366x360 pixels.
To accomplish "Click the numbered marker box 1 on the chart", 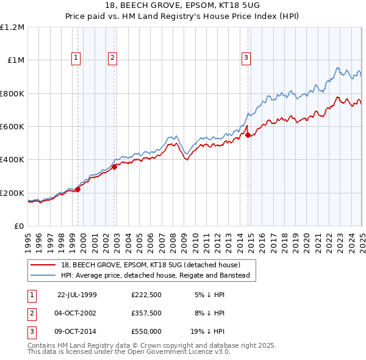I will (76, 58).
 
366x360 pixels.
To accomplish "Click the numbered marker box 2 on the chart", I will (113, 58).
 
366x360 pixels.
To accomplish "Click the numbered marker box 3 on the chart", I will (246, 58).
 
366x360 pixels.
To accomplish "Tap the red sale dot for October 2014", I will (248, 135).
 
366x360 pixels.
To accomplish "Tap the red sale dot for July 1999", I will (78, 189).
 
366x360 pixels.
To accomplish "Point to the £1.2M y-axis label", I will (12, 27).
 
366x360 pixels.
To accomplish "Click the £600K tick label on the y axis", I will (12, 127).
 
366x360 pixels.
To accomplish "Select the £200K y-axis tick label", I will (12, 193).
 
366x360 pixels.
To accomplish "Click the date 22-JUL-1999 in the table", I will (77, 294).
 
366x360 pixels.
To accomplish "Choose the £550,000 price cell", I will (146, 332).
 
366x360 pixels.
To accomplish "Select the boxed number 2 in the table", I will (31, 313).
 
